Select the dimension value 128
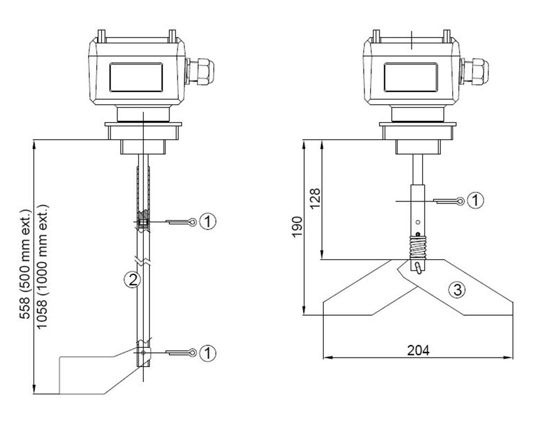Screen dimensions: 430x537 [x=315, y=199]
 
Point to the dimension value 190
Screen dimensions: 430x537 [x=296, y=226]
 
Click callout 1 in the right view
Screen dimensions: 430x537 [x=475, y=200]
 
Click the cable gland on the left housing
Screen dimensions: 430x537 [x=202, y=72]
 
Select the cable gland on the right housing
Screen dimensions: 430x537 [x=476, y=72]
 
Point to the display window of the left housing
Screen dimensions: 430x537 [x=136, y=76]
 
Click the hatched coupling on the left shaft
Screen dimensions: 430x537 [x=143, y=223]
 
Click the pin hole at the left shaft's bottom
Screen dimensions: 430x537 [x=143, y=353]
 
